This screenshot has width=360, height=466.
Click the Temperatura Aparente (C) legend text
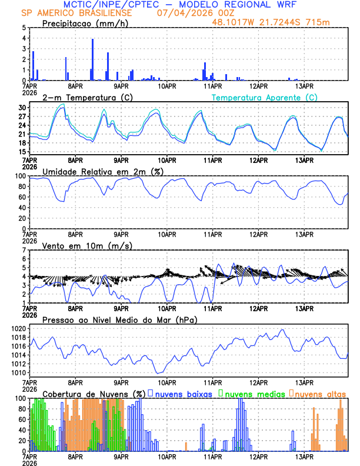point(264,97)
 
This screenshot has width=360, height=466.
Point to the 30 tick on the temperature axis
point(22,108)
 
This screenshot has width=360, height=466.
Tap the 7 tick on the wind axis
point(24,250)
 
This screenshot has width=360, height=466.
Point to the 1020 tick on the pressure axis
point(18,328)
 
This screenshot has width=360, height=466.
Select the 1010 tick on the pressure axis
point(18,372)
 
